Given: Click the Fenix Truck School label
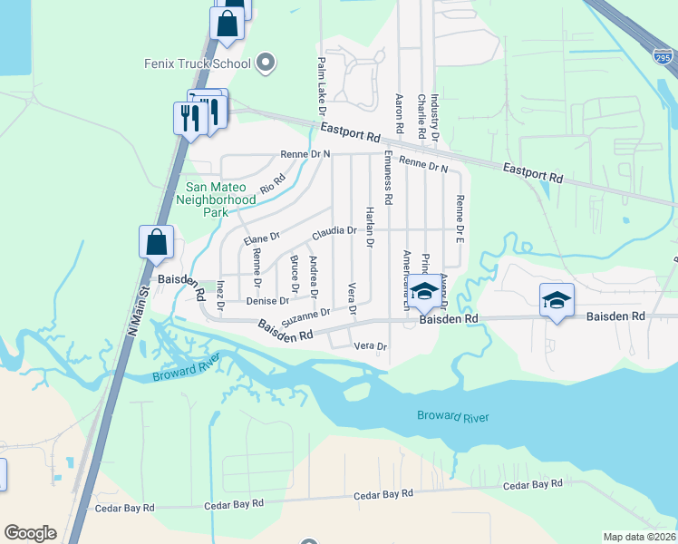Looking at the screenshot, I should click(x=197, y=63).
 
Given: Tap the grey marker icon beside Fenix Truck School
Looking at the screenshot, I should click(x=266, y=63).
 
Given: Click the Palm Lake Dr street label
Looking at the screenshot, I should click(x=322, y=87).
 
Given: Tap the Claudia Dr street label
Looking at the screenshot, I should click(x=334, y=233).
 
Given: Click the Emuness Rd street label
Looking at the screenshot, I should click(x=388, y=178).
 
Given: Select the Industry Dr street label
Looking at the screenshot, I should click(x=435, y=115).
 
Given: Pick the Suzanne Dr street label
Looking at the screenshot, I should click(x=305, y=317).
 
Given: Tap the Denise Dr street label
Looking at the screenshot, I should click(x=267, y=300).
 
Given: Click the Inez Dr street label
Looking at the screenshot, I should click(x=221, y=295).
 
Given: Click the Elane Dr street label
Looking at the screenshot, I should click(x=263, y=239).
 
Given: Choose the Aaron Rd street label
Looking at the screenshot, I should click(x=399, y=112).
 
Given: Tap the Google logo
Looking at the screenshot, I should click(x=30, y=533).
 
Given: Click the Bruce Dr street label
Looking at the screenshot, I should click(x=295, y=273).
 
